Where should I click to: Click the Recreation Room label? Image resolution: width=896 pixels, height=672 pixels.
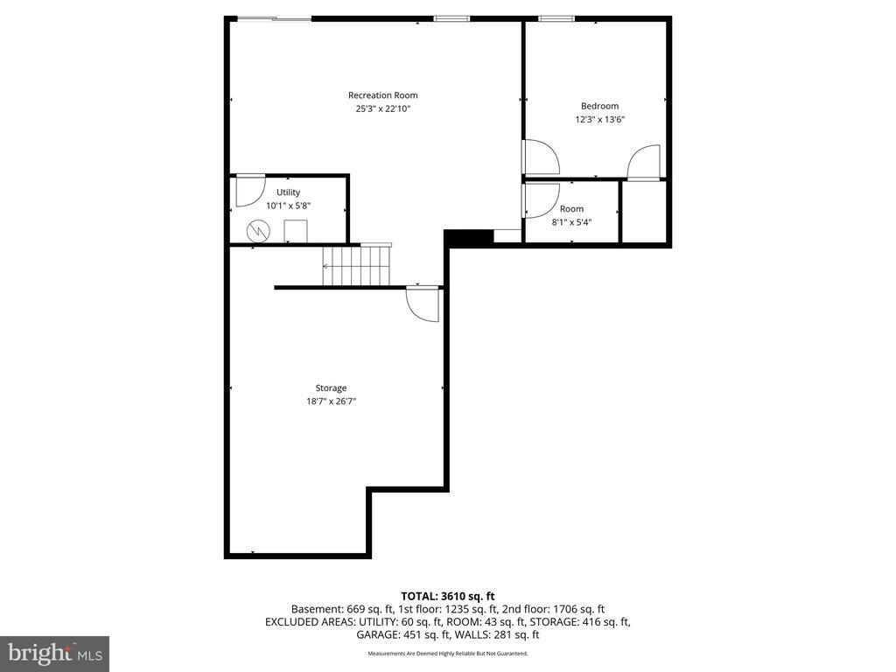point(382,95)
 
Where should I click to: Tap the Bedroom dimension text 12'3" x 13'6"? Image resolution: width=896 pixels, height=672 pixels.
point(599,120)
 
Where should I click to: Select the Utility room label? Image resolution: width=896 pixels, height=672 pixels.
point(288,192)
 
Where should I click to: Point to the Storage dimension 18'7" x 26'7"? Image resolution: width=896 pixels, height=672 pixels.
point(331,401)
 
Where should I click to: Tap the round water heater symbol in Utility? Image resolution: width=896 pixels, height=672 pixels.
point(258,230)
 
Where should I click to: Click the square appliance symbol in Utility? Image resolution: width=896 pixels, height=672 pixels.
point(296,232)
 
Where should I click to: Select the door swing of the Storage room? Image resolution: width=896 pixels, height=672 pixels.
point(423,305)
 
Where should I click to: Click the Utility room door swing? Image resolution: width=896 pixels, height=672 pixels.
point(249,191)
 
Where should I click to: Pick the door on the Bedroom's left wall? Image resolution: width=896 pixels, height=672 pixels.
point(540,157)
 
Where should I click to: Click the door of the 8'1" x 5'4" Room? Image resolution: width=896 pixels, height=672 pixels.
point(539,200)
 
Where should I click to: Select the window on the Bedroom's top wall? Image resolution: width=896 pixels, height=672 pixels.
point(556,18)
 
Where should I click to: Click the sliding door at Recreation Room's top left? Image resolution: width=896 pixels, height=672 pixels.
point(274,18)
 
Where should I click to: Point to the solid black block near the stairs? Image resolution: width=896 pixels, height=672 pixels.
point(469,236)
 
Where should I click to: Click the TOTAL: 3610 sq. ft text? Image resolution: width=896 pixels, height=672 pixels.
point(447,596)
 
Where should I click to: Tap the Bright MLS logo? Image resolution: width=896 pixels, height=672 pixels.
point(54,653)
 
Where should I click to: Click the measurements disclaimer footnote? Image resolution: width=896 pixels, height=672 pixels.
point(447,653)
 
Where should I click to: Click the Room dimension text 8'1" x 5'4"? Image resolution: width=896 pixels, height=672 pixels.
point(571,221)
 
